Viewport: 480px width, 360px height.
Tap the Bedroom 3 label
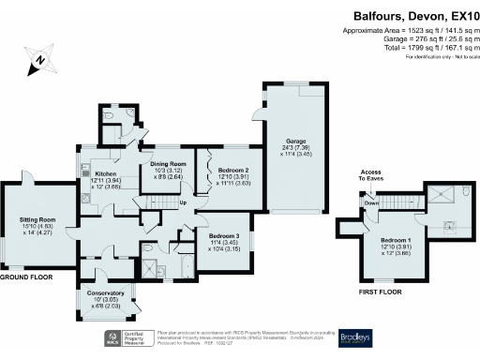coord(224,236)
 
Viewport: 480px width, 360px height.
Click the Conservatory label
coord(106,294)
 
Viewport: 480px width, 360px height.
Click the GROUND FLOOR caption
coord(25,277)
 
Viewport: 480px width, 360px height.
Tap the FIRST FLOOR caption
coord(382,292)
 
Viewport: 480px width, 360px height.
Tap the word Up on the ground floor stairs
coord(182,202)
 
